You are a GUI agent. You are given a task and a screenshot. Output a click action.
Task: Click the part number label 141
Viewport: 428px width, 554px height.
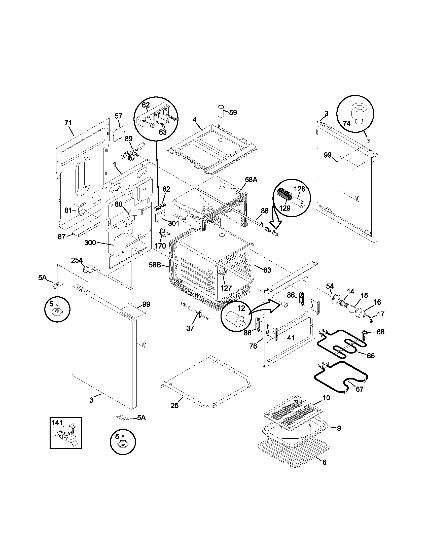(x=57, y=423)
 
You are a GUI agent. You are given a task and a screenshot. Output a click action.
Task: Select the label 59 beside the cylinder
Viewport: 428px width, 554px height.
(x=233, y=112)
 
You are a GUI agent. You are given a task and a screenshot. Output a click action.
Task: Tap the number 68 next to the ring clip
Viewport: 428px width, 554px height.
(x=380, y=332)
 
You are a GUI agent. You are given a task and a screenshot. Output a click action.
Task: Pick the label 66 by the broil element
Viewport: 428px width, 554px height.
(x=370, y=356)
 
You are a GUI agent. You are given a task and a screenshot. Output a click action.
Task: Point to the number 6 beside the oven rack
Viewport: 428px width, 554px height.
(x=325, y=462)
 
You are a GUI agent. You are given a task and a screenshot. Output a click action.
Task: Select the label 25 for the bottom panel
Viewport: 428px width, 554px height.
(x=174, y=405)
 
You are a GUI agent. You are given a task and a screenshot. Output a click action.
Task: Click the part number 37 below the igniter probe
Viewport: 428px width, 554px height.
(x=190, y=328)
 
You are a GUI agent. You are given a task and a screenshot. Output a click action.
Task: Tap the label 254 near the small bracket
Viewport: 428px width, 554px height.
(x=77, y=260)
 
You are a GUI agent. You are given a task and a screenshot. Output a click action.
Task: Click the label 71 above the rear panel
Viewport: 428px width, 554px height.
(x=68, y=123)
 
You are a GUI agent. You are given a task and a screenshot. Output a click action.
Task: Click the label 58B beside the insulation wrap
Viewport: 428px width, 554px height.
(x=155, y=265)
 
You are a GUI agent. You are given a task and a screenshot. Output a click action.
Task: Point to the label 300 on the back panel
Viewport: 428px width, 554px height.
(x=90, y=243)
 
